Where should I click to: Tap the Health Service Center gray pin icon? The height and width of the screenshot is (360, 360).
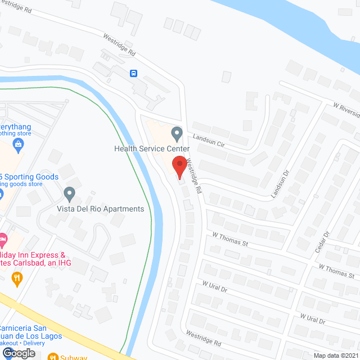[177, 134]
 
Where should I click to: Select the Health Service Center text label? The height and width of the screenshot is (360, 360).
[152, 149]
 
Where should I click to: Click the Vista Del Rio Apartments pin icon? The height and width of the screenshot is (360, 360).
[70, 194]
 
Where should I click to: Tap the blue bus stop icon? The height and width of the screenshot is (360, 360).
[134, 74]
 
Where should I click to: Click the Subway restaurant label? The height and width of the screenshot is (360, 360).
[74, 356]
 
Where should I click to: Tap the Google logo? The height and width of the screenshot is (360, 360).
[18, 353]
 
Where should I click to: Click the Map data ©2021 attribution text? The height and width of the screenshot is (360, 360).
[335, 355]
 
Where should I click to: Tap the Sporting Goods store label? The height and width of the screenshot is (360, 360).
[29, 177]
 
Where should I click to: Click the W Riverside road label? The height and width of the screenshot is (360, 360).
[345, 107]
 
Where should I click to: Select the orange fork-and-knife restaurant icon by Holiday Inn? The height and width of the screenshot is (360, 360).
[18, 277]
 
